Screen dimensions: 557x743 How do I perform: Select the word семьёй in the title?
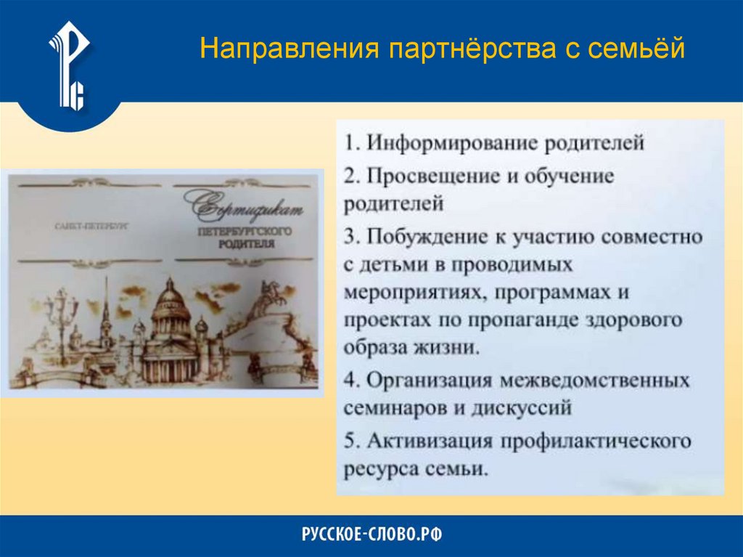[x=636, y=49]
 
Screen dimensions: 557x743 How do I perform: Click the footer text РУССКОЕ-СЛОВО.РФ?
[x=371, y=535]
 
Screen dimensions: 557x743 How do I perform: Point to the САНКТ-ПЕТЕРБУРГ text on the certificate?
[x=91, y=227]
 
